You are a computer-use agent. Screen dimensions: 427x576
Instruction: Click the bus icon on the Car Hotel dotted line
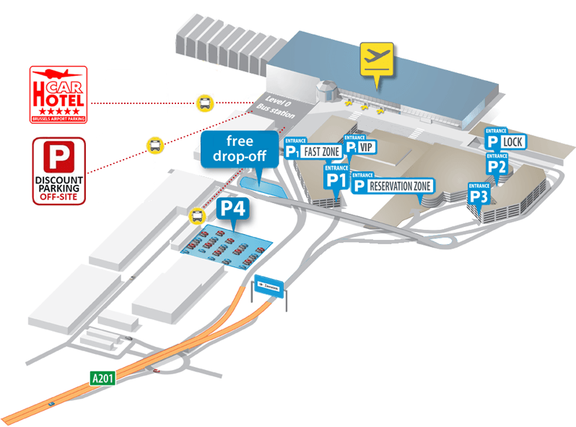pos(205,102)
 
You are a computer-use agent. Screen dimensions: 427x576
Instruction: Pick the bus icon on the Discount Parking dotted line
pos(154,145)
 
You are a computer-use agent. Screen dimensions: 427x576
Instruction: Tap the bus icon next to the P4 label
pos(196,215)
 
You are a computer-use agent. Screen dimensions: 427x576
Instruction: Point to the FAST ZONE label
pos(321,152)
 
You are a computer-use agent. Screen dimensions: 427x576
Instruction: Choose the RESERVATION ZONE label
pos(400,186)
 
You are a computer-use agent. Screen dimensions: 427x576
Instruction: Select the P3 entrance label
pos(480,195)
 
